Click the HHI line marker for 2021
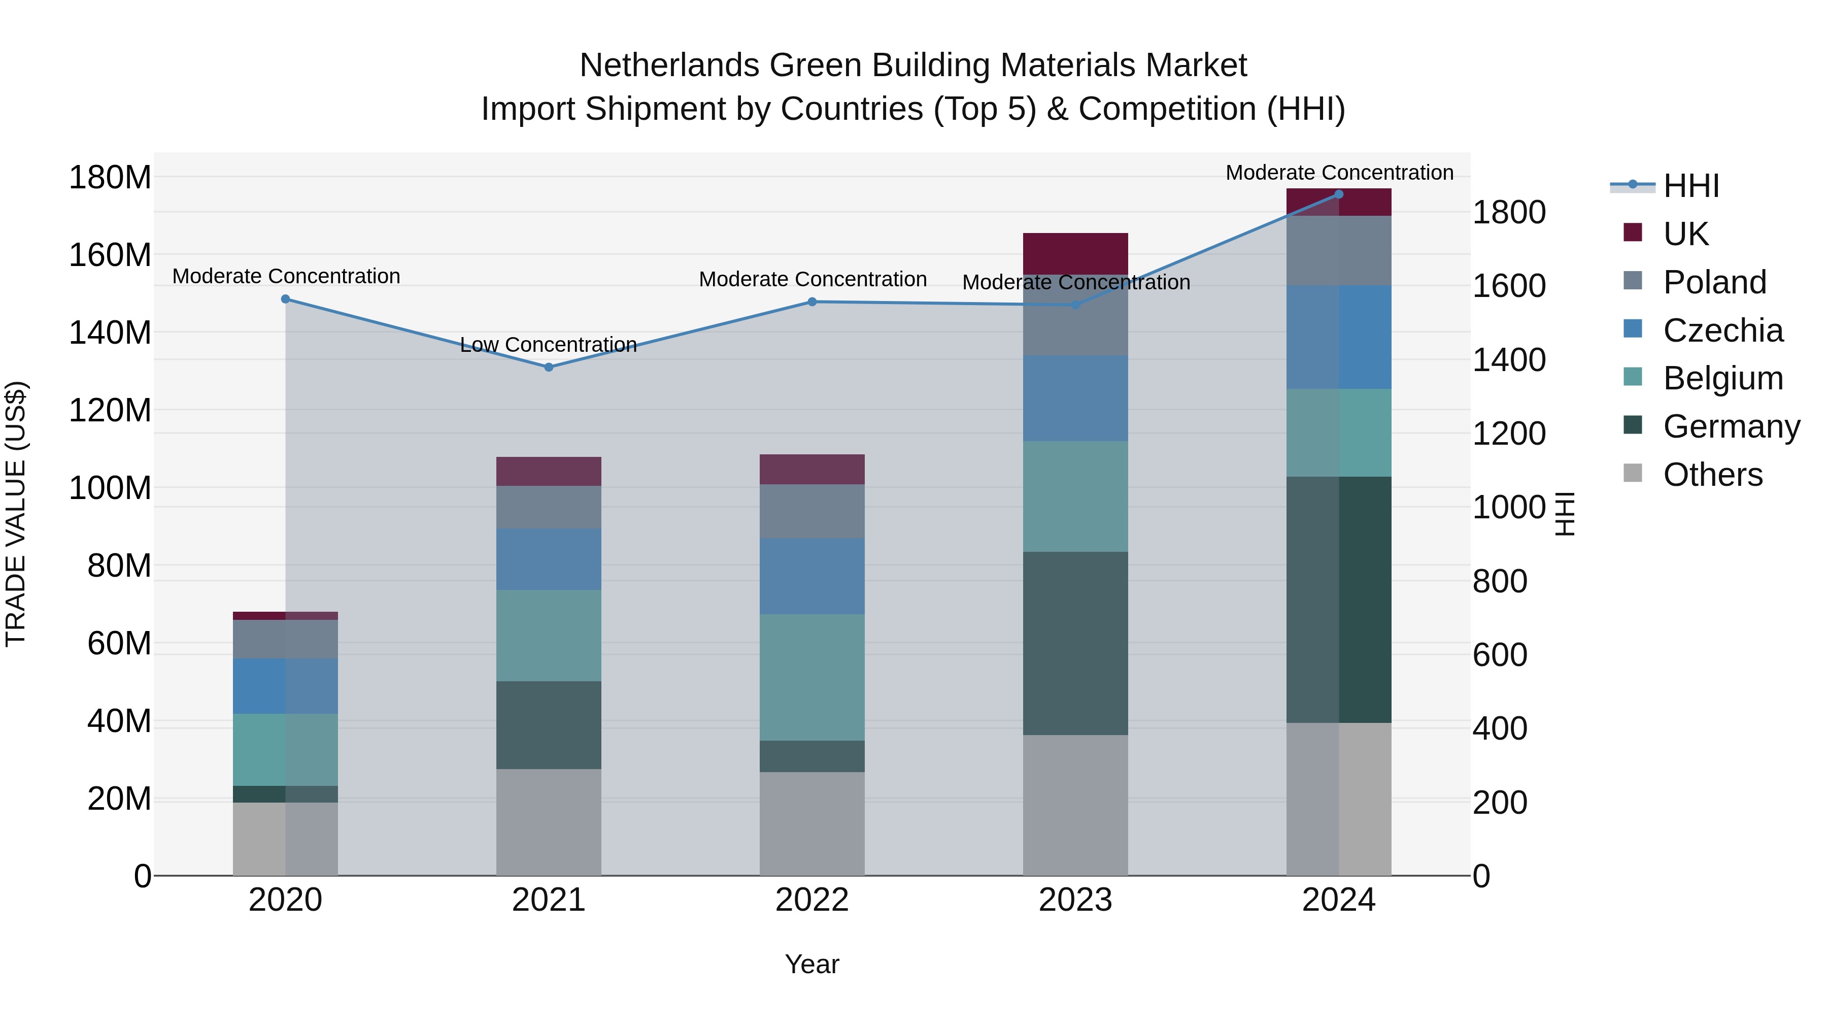click(548, 367)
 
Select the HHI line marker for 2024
click(1338, 194)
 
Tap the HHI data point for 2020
click(285, 299)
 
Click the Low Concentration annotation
click(548, 345)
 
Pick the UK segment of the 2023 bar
click(1075, 253)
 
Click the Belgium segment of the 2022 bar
click(812, 678)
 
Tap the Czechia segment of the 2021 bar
click(548, 559)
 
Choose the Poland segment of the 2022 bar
click(812, 511)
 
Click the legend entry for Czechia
click(1722, 330)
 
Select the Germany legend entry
click(1731, 426)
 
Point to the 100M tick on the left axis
click(110, 488)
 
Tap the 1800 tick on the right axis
click(1509, 212)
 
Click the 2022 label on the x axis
click(812, 900)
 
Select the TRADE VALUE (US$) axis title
click(16, 514)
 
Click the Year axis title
click(812, 964)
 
